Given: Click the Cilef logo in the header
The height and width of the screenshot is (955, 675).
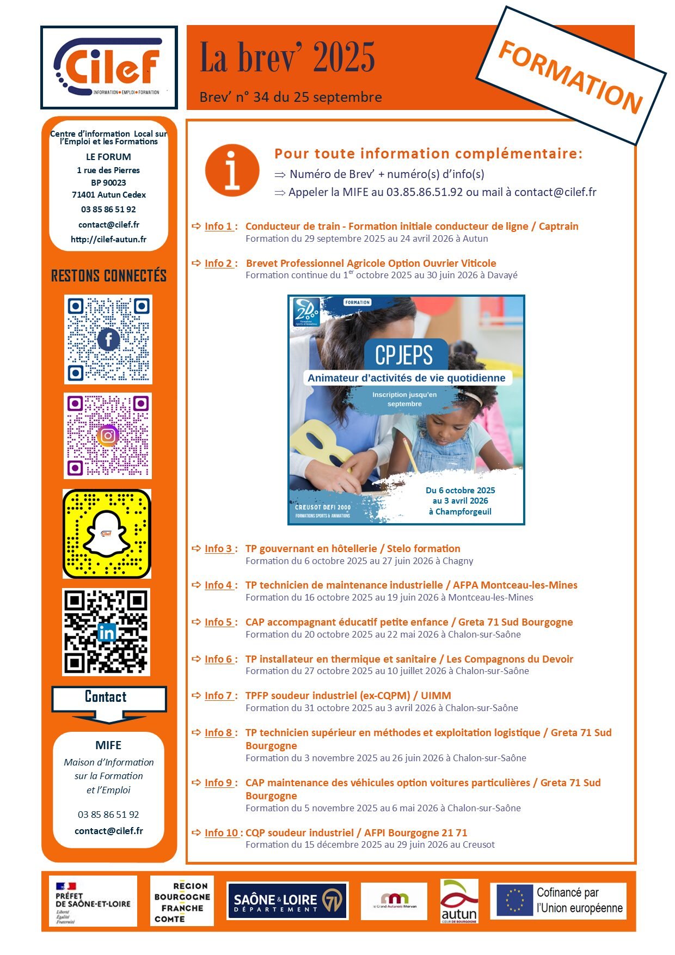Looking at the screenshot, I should [x=109, y=68].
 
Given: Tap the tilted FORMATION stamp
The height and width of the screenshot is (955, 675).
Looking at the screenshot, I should [x=571, y=76].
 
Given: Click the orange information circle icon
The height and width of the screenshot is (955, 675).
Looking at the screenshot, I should [x=232, y=170].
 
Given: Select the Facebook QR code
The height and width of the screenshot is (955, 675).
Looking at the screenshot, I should [x=108, y=339].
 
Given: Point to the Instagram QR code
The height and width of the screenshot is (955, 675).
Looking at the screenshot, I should [x=108, y=436].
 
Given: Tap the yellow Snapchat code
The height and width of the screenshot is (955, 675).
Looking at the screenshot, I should [x=107, y=534].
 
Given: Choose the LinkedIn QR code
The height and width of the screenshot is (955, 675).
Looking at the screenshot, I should [x=107, y=632].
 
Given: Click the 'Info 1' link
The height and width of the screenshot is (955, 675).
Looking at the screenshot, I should [x=218, y=226].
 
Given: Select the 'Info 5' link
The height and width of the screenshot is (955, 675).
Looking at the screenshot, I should [x=218, y=622].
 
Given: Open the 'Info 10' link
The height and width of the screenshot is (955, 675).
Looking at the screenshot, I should [x=221, y=833].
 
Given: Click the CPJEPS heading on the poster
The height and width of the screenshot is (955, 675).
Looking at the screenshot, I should [x=404, y=356].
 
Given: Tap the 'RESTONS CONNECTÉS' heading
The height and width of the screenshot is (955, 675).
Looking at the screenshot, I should [x=109, y=276].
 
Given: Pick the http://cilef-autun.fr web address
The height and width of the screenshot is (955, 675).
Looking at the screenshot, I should [x=108, y=240].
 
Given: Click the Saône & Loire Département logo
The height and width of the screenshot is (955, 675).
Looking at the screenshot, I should [x=287, y=902].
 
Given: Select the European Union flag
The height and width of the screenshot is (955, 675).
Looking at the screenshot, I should [x=514, y=901].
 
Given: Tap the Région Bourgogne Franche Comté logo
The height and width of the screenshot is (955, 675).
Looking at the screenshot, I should [x=182, y=902].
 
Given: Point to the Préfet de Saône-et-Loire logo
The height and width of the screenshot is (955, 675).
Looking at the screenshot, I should [x=93, y=902].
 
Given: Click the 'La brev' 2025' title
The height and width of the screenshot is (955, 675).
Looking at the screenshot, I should [x=287, y=58].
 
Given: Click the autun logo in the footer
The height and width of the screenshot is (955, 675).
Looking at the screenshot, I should [x=459, y=902].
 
